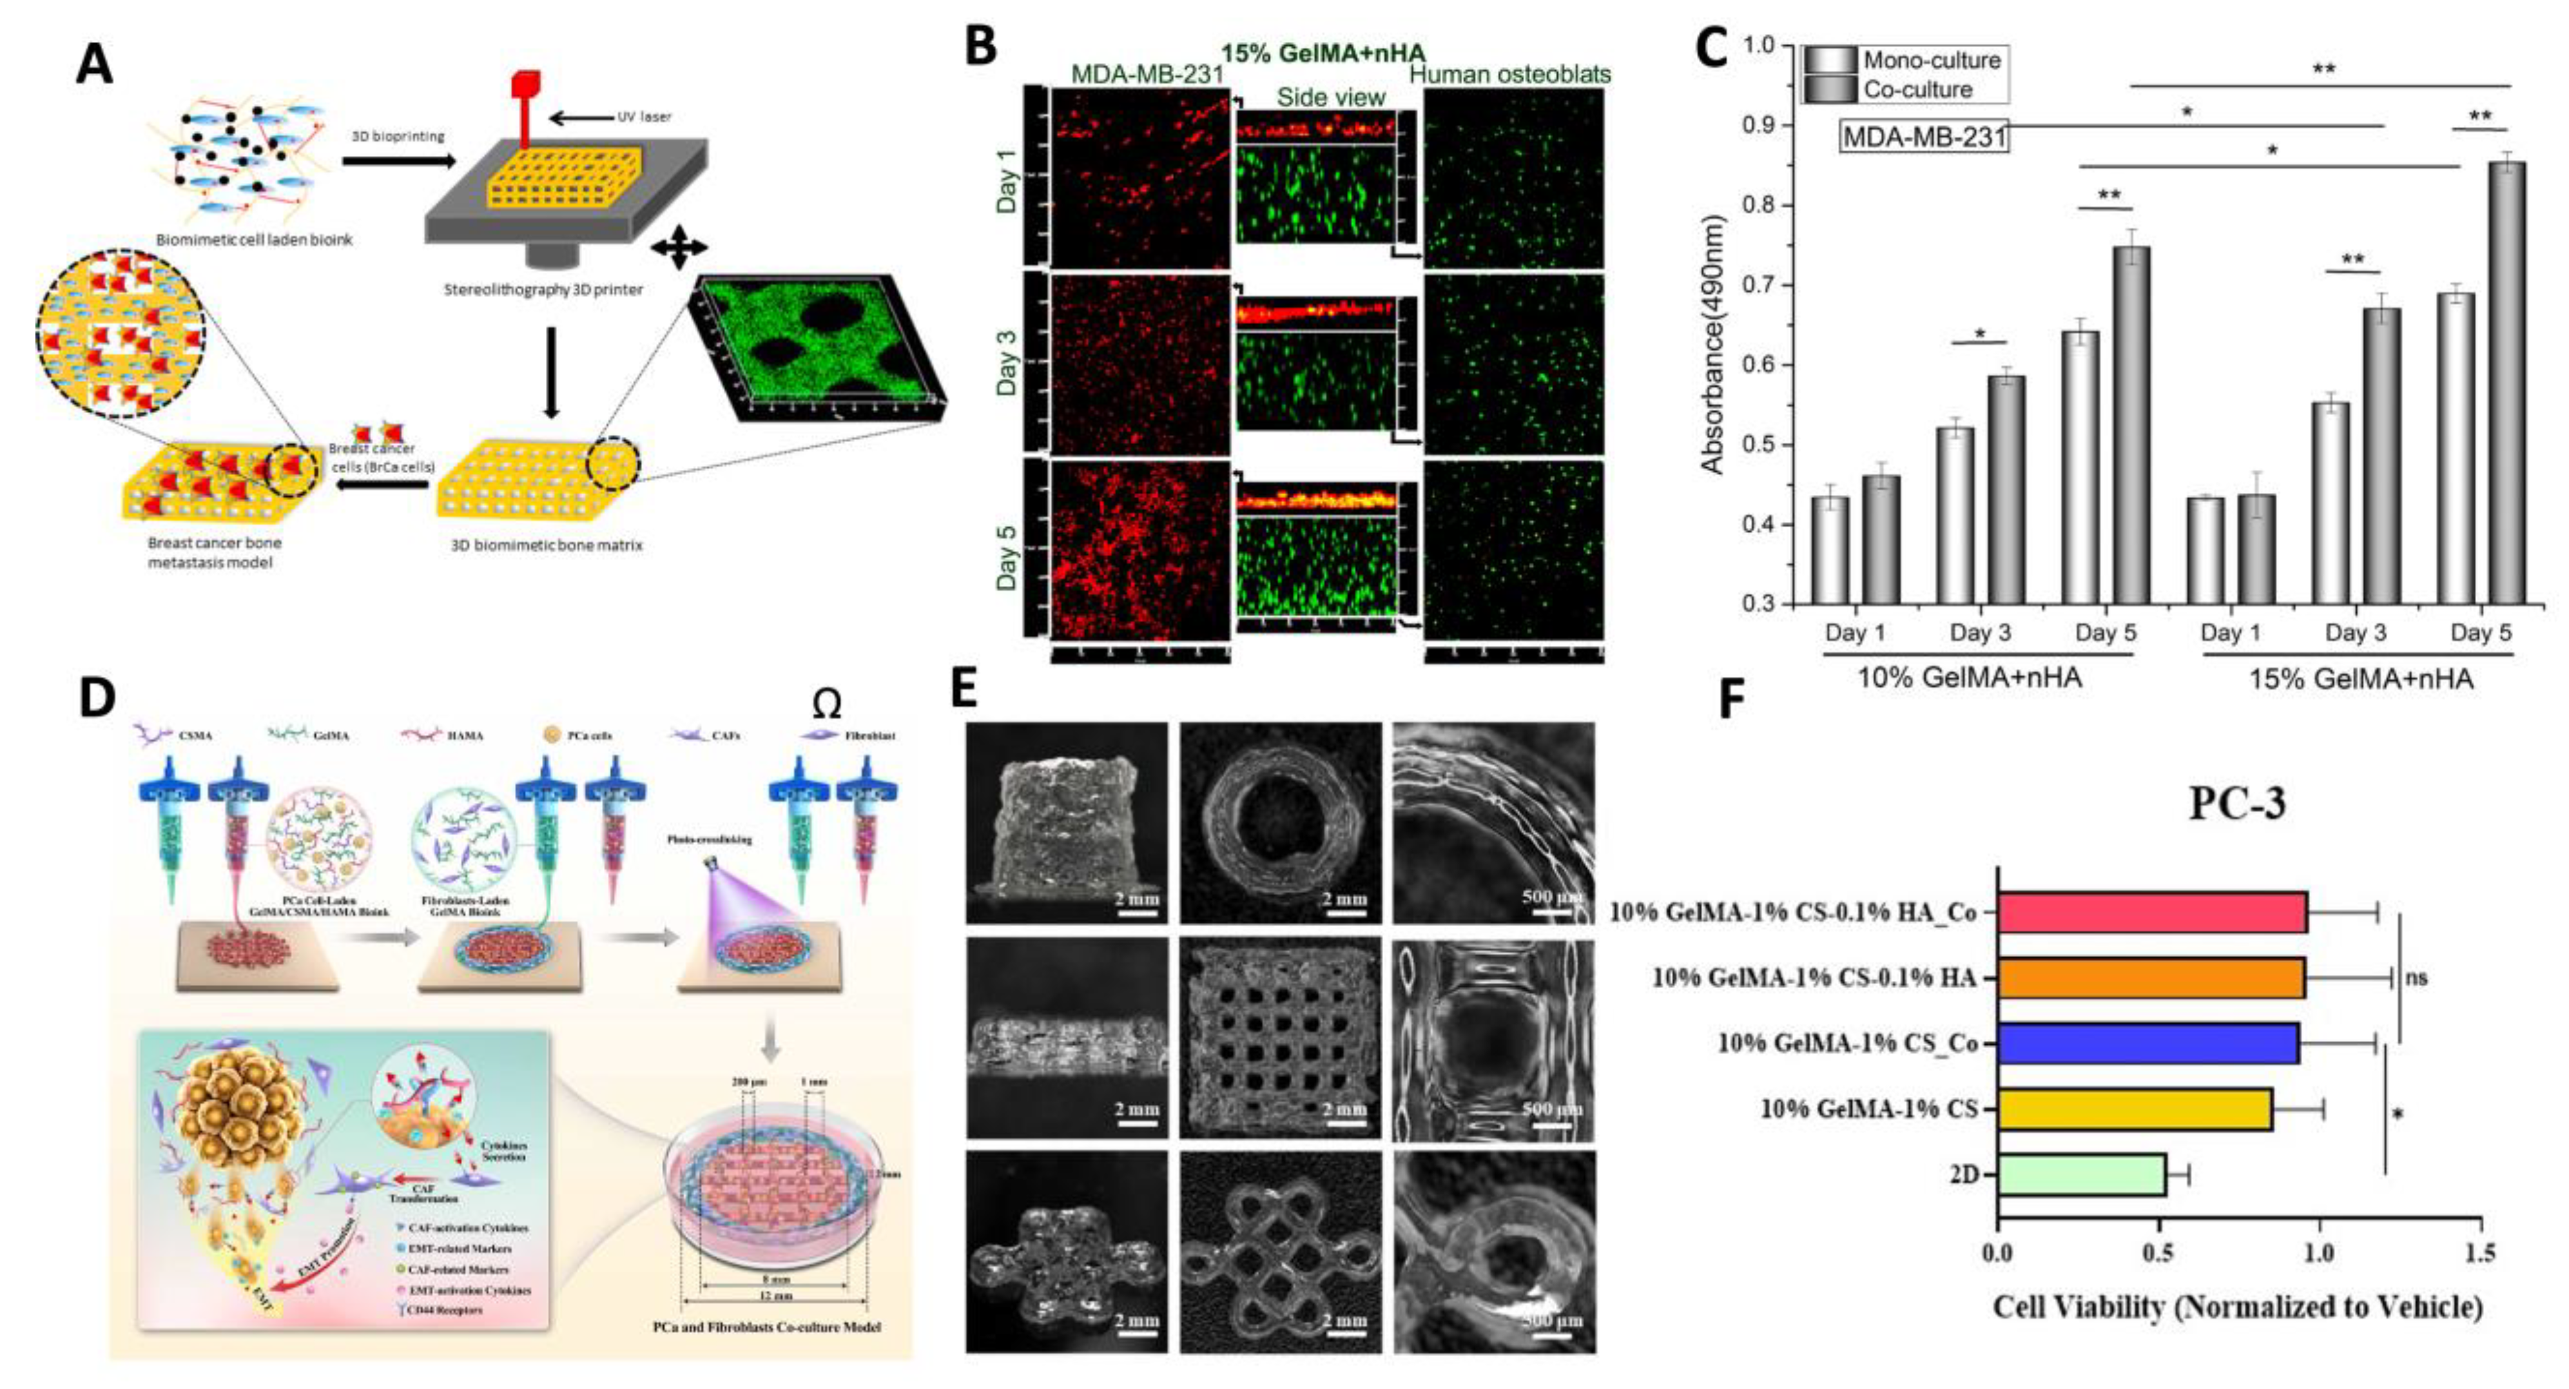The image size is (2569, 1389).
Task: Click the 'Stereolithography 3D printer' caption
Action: coord(543,290)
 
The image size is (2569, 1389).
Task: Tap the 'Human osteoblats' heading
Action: coord(1511,75)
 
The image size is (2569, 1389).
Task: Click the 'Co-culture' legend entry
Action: coord(1918,90)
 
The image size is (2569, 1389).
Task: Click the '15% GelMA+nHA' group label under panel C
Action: coord(2359,680)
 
